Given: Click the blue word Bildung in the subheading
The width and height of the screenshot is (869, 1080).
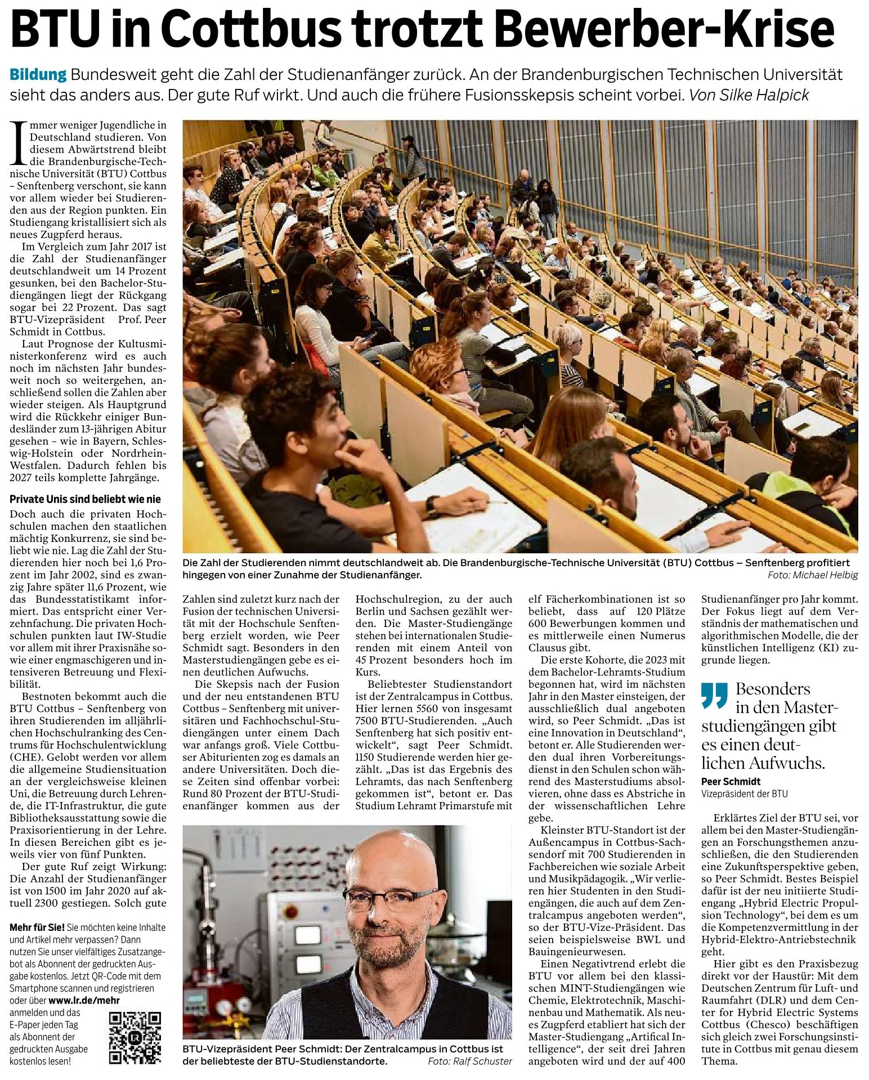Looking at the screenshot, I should (38, 75).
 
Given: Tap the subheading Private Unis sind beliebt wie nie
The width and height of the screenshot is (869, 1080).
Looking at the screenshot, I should (85, 499).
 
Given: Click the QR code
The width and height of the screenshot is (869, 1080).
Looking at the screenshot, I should (135, 1038).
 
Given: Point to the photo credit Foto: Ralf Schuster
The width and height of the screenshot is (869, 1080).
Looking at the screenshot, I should (470, 1061).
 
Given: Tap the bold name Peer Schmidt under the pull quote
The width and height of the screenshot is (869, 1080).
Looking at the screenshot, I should (731, 781).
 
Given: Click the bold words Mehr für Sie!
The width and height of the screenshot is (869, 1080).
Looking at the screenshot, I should (37, 927).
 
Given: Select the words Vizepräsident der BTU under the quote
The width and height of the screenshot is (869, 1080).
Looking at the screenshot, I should (744, 794).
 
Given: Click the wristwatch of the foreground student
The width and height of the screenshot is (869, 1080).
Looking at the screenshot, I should (432, 505).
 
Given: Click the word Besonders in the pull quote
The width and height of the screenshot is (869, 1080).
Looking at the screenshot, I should (773, 689).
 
